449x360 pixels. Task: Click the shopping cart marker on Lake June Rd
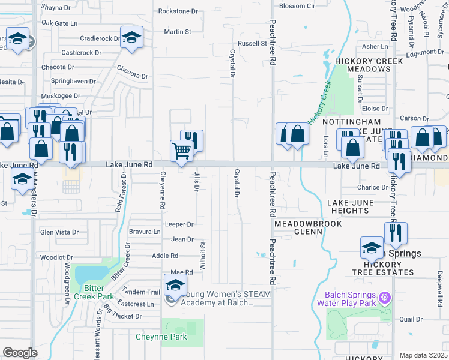click(181, 151)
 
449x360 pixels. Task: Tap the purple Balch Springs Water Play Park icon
click(385, 296)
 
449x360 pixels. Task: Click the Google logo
click(20, 353)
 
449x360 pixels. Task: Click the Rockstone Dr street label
click(178, 11)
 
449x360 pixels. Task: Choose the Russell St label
click(252, 44)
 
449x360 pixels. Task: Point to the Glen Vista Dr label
click(59, 232)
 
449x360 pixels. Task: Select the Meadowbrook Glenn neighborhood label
click(308, 227)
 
